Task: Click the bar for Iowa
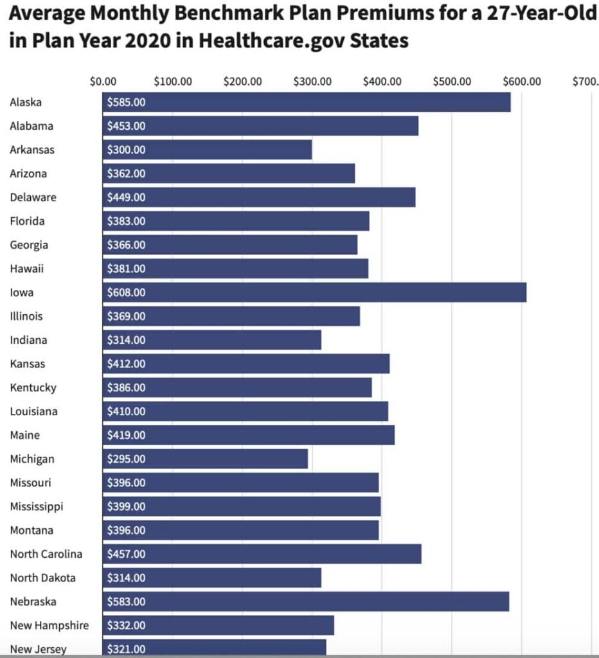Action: [x=314, y=292]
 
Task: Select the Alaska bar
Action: [x=307, y=102]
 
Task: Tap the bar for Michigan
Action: [x=205, y=459]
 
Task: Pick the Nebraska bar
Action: [x=306, y=601]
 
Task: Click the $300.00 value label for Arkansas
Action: [x=127, y=150]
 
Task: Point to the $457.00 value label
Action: [x=127, y=554]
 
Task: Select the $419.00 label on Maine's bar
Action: [x=127, y=435]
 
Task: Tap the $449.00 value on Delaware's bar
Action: [x=127, y=197]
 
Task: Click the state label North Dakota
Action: [x=42, y=578]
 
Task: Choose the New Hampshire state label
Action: [x=49, y=625]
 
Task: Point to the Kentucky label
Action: [x=33, y=387]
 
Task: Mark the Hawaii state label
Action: [x=27, y=269]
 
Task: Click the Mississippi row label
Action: [x=37, y=506]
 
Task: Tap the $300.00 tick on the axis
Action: [x=312, y=82]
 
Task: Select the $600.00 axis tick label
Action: [x=522, y=82]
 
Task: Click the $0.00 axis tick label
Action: [x=103, y=82]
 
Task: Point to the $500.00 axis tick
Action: [x=452, y=82]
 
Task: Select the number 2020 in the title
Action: [x=159, y=41]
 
